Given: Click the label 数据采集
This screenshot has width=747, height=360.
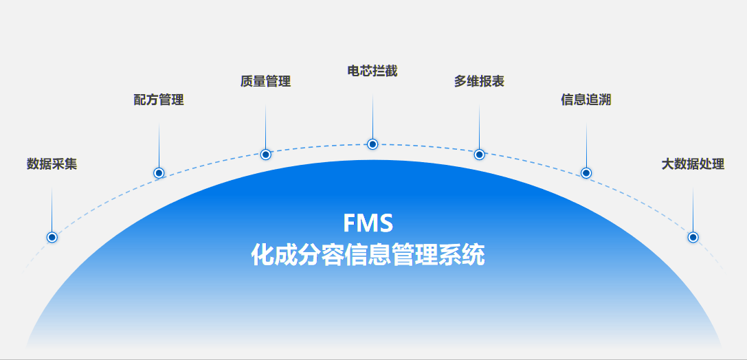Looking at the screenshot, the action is point(52,164).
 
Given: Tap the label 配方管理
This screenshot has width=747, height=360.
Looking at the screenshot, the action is point(159,100).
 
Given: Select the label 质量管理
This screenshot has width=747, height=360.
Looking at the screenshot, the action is point(265,82).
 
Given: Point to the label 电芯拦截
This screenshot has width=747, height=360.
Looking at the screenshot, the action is point(372,71).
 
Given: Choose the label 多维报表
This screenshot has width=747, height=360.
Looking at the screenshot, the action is point(479,82).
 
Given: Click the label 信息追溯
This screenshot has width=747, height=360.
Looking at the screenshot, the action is point(586,100).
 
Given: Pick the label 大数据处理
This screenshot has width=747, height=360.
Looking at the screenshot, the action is point(693,164).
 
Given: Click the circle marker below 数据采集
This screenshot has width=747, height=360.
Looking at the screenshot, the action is point(52,237).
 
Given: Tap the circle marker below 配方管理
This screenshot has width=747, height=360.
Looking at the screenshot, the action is point(159,173).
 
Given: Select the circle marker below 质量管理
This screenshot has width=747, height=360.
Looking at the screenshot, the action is point(266,155).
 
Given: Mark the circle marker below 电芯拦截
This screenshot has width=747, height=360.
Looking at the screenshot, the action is point(372,144).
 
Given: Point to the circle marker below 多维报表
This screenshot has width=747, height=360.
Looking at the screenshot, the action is point(479,155).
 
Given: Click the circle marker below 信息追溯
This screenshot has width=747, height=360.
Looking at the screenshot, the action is point(586,173).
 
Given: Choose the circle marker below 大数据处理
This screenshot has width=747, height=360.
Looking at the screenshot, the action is point(693,237).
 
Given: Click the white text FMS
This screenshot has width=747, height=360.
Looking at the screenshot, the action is point(368,223).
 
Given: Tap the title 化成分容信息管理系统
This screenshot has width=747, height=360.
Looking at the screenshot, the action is point(368,255).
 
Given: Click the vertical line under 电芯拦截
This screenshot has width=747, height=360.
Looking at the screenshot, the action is point(372,116).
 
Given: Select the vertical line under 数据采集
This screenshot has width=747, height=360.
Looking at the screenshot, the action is point(52,210).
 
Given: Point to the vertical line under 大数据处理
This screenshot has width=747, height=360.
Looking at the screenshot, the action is point(693,210).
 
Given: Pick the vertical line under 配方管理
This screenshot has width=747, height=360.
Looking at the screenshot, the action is point(159,145).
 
